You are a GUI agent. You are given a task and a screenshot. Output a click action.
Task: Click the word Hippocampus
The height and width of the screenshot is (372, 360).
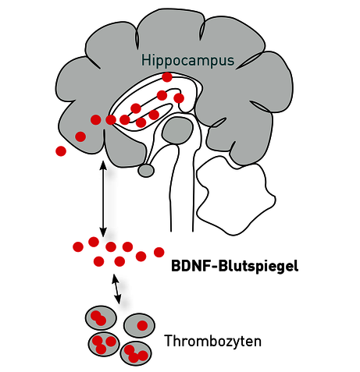(x=187, y=61)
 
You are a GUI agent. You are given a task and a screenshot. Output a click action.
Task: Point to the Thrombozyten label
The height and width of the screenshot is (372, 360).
(x=213, y=341)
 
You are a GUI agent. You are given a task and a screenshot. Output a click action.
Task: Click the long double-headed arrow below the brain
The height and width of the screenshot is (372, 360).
(x=103, y=199)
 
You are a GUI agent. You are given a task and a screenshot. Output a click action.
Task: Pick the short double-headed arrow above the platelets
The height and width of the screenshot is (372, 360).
(x=116, y=289)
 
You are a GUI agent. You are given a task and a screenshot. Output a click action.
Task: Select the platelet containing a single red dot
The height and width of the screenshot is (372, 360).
(x=139, y=325)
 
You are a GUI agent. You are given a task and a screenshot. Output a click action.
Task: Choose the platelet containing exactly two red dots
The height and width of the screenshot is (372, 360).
(x=101, y=318)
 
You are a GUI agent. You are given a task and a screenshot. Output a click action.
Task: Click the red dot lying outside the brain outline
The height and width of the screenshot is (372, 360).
(x=61, y=151)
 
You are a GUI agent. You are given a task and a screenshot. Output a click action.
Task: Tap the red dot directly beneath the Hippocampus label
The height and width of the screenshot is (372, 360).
(x=167, y=77)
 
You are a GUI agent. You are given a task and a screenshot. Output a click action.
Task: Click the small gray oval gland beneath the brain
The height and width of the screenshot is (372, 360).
(x=146, y=171)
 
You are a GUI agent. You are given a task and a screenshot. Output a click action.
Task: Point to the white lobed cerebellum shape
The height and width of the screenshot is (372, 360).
(x=236, y=197)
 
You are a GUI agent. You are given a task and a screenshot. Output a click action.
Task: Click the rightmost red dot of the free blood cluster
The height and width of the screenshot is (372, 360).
(x=159, y=252)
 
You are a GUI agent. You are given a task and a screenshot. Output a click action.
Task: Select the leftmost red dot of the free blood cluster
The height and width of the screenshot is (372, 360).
(x=78, y=246)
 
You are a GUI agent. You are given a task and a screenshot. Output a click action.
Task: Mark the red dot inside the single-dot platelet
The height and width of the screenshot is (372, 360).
(x=142, y=325)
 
